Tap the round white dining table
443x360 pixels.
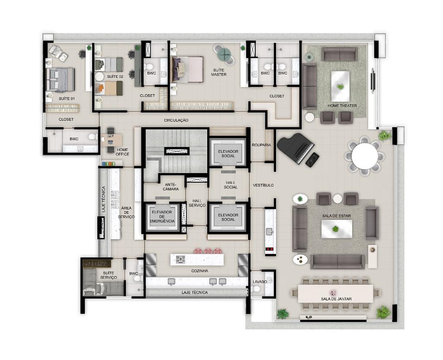(x=365, y=156)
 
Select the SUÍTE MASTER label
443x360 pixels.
(x=218, y=72)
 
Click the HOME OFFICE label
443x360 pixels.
(x=122, y=152)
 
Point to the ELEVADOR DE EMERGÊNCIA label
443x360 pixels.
(x=162, y=216)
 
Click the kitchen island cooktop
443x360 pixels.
(x=180, y=259)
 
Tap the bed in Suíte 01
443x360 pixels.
(x=61, y=80)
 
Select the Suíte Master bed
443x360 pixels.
(x=187, y=69)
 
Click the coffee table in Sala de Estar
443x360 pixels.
(x=337, y=229)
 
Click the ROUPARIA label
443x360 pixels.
(x=261, y=145)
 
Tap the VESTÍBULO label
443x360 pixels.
(x=263, y=185)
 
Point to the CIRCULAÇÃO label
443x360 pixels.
(x=176, y=120)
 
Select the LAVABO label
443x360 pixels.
(x=260, y=282)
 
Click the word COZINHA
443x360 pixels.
(x=199, y=271)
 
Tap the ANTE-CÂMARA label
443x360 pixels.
(x=170, y=186)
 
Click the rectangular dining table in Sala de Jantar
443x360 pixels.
(x=336, y=294)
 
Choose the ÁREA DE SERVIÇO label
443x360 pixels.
(x=126, y=212)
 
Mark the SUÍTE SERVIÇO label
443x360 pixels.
(x=109, y=275)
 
